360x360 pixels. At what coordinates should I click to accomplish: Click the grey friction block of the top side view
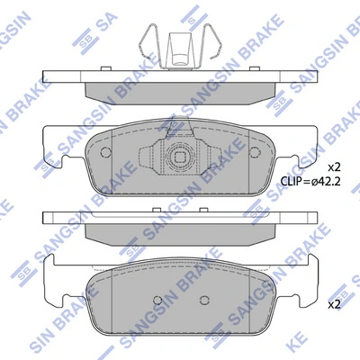pos(180,90)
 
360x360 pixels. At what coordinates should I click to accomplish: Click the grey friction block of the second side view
pos(180,231)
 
